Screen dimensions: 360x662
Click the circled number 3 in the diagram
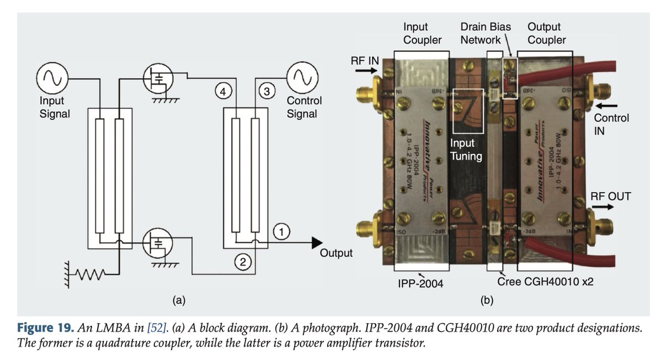[x=267, y=92]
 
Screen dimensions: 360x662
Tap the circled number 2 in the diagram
[x=242, y=262]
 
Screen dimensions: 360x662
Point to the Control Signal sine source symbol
[x=301, y=78]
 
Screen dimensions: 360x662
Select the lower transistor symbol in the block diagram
[x=158, y=243]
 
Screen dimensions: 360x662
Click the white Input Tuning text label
[x=466, y=149]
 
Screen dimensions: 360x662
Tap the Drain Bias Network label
[x=485, y=33]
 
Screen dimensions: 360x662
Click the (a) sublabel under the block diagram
[x=178, y=300]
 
